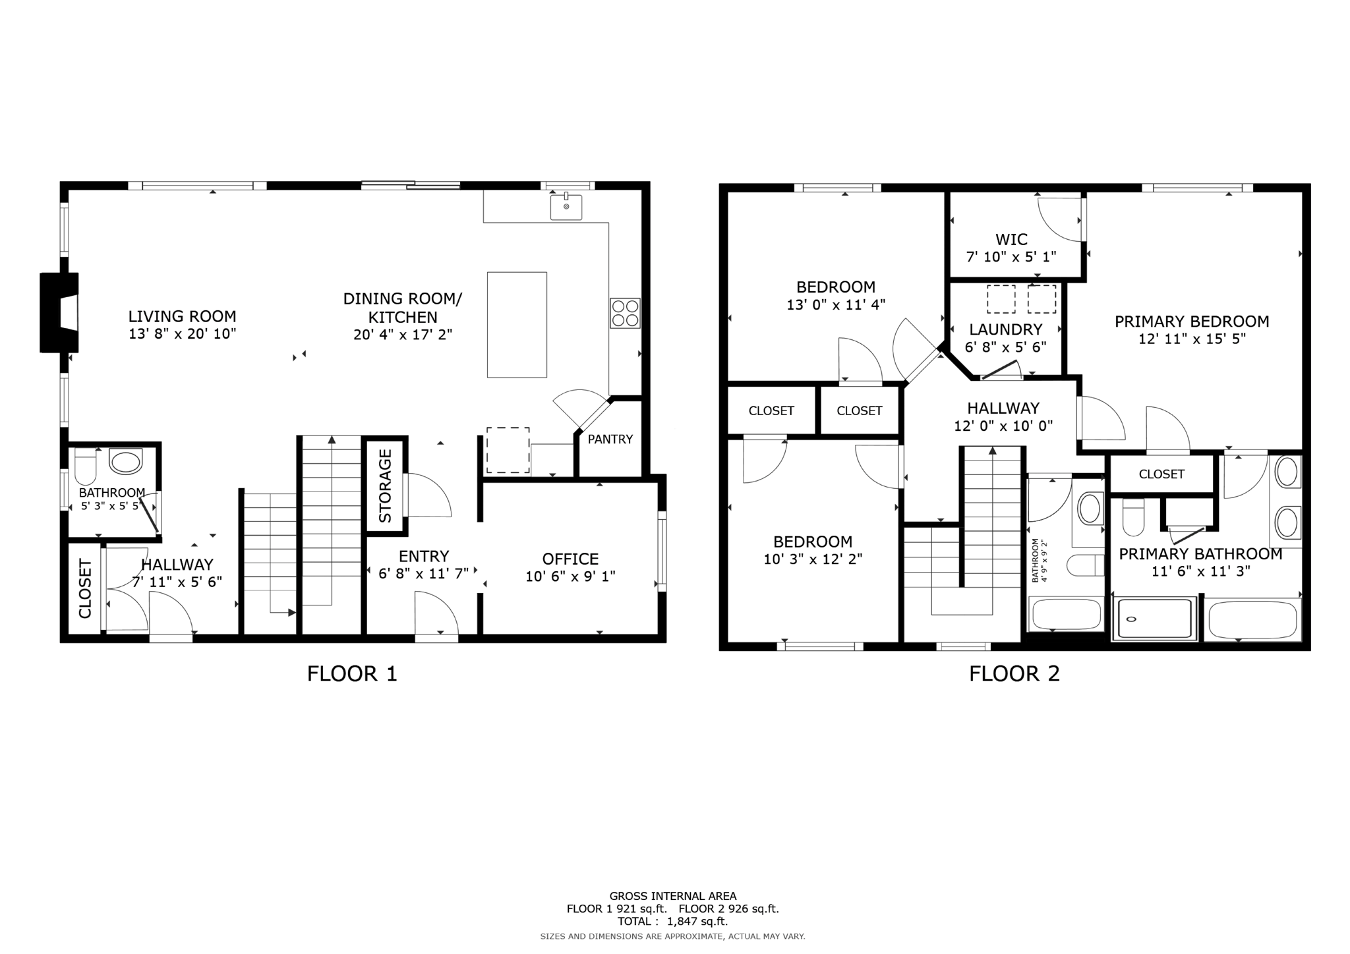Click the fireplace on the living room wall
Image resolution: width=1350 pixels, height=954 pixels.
coord(60,312)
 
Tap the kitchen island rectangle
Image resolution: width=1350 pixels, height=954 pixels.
coord(517,325)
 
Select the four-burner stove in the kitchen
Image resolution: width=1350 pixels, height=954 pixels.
coord(625,313)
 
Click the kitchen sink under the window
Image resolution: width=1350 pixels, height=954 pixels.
coord(566,207)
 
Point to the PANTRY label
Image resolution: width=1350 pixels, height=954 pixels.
coord(610,439)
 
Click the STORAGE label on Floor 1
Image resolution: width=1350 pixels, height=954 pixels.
coord(385,486)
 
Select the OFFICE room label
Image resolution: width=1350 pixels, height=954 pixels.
coord(570,559)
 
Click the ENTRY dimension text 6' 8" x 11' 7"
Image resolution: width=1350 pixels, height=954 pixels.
coord(423,574)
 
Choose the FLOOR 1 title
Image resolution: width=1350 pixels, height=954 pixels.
coord(352,674)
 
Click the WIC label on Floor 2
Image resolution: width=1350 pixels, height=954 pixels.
coord(1011,239)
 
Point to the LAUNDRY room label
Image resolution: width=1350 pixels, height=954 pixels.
coord(1005,329)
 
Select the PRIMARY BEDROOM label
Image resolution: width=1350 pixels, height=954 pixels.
coord(1191,322)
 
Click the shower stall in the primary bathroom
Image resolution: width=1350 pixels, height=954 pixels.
coord(1154,619)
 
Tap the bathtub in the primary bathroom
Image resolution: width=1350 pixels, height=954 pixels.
coord(1252,619)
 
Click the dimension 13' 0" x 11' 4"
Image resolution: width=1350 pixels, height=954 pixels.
coord(835,305)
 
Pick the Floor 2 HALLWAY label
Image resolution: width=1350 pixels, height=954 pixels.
coord(1003,408)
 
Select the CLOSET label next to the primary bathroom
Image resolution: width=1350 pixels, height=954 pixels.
coord(1161,474)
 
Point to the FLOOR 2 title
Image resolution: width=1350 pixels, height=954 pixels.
coord(1014,674)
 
